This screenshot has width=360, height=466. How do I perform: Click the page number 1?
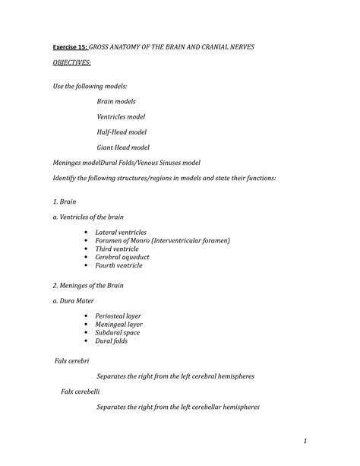[x=303, y=441]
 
